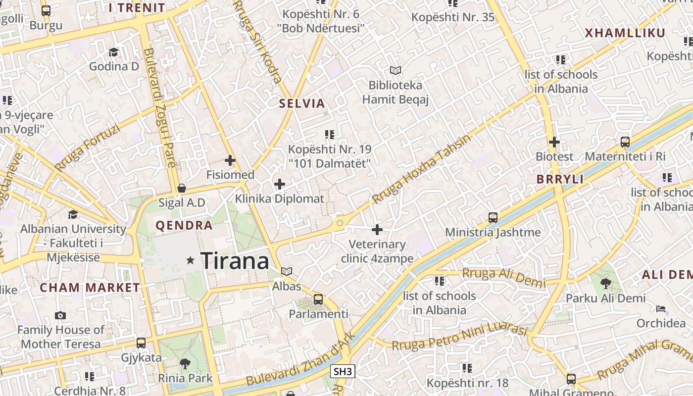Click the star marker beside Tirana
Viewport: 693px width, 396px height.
pyautogui.click(x=190, y=260)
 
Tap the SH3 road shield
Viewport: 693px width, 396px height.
pyautogui.click(x=343, y=371)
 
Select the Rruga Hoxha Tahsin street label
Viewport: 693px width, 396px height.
pyautogui.click(x=421, y=169)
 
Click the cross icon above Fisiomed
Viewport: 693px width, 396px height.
pyautogui.click(x=230, y=160)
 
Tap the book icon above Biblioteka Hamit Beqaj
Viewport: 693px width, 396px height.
pyautogui.click(x=395, y=71)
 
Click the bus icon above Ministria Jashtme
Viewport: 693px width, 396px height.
pyautogui.click(x=493, y=218)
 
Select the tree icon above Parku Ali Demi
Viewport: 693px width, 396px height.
pyautogui.click(x=605, y=284)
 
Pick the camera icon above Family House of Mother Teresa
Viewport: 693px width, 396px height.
pyautogui.click(x=60, y=315)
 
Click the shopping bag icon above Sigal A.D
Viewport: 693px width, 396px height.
pyautogui.click(x=182, y=188)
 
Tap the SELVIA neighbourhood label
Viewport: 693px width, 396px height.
pyautogui.click(x=302, y=103)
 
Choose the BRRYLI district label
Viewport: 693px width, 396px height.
pyautogui.click(x=560, y=179)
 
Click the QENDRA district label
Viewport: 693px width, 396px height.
pyautogui.click(x=184, y=226)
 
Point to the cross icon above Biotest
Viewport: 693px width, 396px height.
pyautogui.click(x=554, y=142)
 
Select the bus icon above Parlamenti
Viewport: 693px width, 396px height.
pyautogui.click(x=318, y=299)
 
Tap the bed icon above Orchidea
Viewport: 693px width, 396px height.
pyautogui.click(x=661, y=309)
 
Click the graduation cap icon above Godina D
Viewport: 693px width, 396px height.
pyautogui.click(x=114, y=52)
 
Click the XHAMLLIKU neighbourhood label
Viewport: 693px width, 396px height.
pyautogui.click(x=625, y=33)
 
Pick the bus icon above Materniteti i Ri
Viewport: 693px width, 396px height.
pyautogui.click(x=625, y=142)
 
